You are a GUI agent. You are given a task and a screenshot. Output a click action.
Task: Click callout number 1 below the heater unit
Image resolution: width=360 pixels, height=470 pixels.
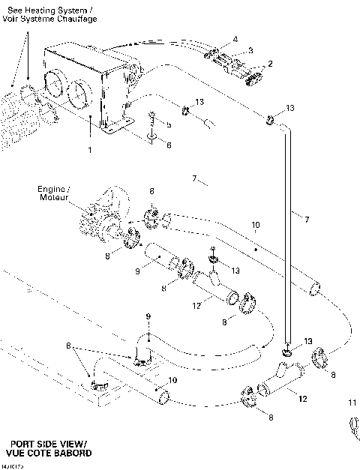click(89, 150)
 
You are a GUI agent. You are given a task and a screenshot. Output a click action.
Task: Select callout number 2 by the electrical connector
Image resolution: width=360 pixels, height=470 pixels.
click(270, 64)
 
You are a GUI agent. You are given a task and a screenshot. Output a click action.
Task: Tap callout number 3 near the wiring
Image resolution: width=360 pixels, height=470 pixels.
click(250, 50)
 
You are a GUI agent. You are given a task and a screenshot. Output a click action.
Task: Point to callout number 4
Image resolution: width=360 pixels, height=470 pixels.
click(235, 38)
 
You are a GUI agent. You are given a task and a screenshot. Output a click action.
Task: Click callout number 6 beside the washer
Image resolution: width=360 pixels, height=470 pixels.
click(168, 144)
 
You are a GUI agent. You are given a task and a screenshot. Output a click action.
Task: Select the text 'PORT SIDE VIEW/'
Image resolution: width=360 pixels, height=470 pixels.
click(48, 444)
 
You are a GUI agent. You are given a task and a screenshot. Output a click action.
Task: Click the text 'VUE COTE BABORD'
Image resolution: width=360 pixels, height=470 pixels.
click(49, 454)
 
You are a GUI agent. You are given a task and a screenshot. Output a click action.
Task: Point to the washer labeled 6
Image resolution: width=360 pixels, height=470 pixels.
click(151, 138)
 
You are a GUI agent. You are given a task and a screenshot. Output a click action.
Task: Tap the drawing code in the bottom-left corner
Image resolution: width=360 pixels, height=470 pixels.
click(13, 466)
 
